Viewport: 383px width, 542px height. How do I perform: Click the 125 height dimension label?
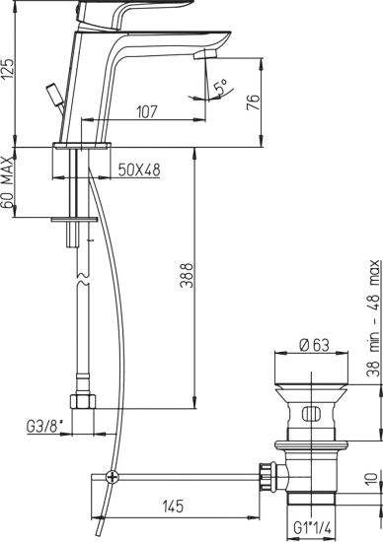tap(9, 69)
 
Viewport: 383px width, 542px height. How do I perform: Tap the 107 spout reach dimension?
tap(147, 111)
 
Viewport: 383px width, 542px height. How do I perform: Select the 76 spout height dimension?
tap(254, 102)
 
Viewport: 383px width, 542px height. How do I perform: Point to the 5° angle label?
tap(221, 87)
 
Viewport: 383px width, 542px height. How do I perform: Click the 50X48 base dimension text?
tap(139, 169)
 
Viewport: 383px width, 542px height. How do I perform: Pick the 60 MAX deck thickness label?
tap(7, 183)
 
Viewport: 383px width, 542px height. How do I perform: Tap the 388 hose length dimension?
tap(187, 276)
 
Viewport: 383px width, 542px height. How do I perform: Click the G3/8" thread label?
tap(45, 426)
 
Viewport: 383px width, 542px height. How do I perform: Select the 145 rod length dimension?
tap(173, 507)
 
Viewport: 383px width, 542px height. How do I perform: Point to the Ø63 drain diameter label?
tap(315, 345)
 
